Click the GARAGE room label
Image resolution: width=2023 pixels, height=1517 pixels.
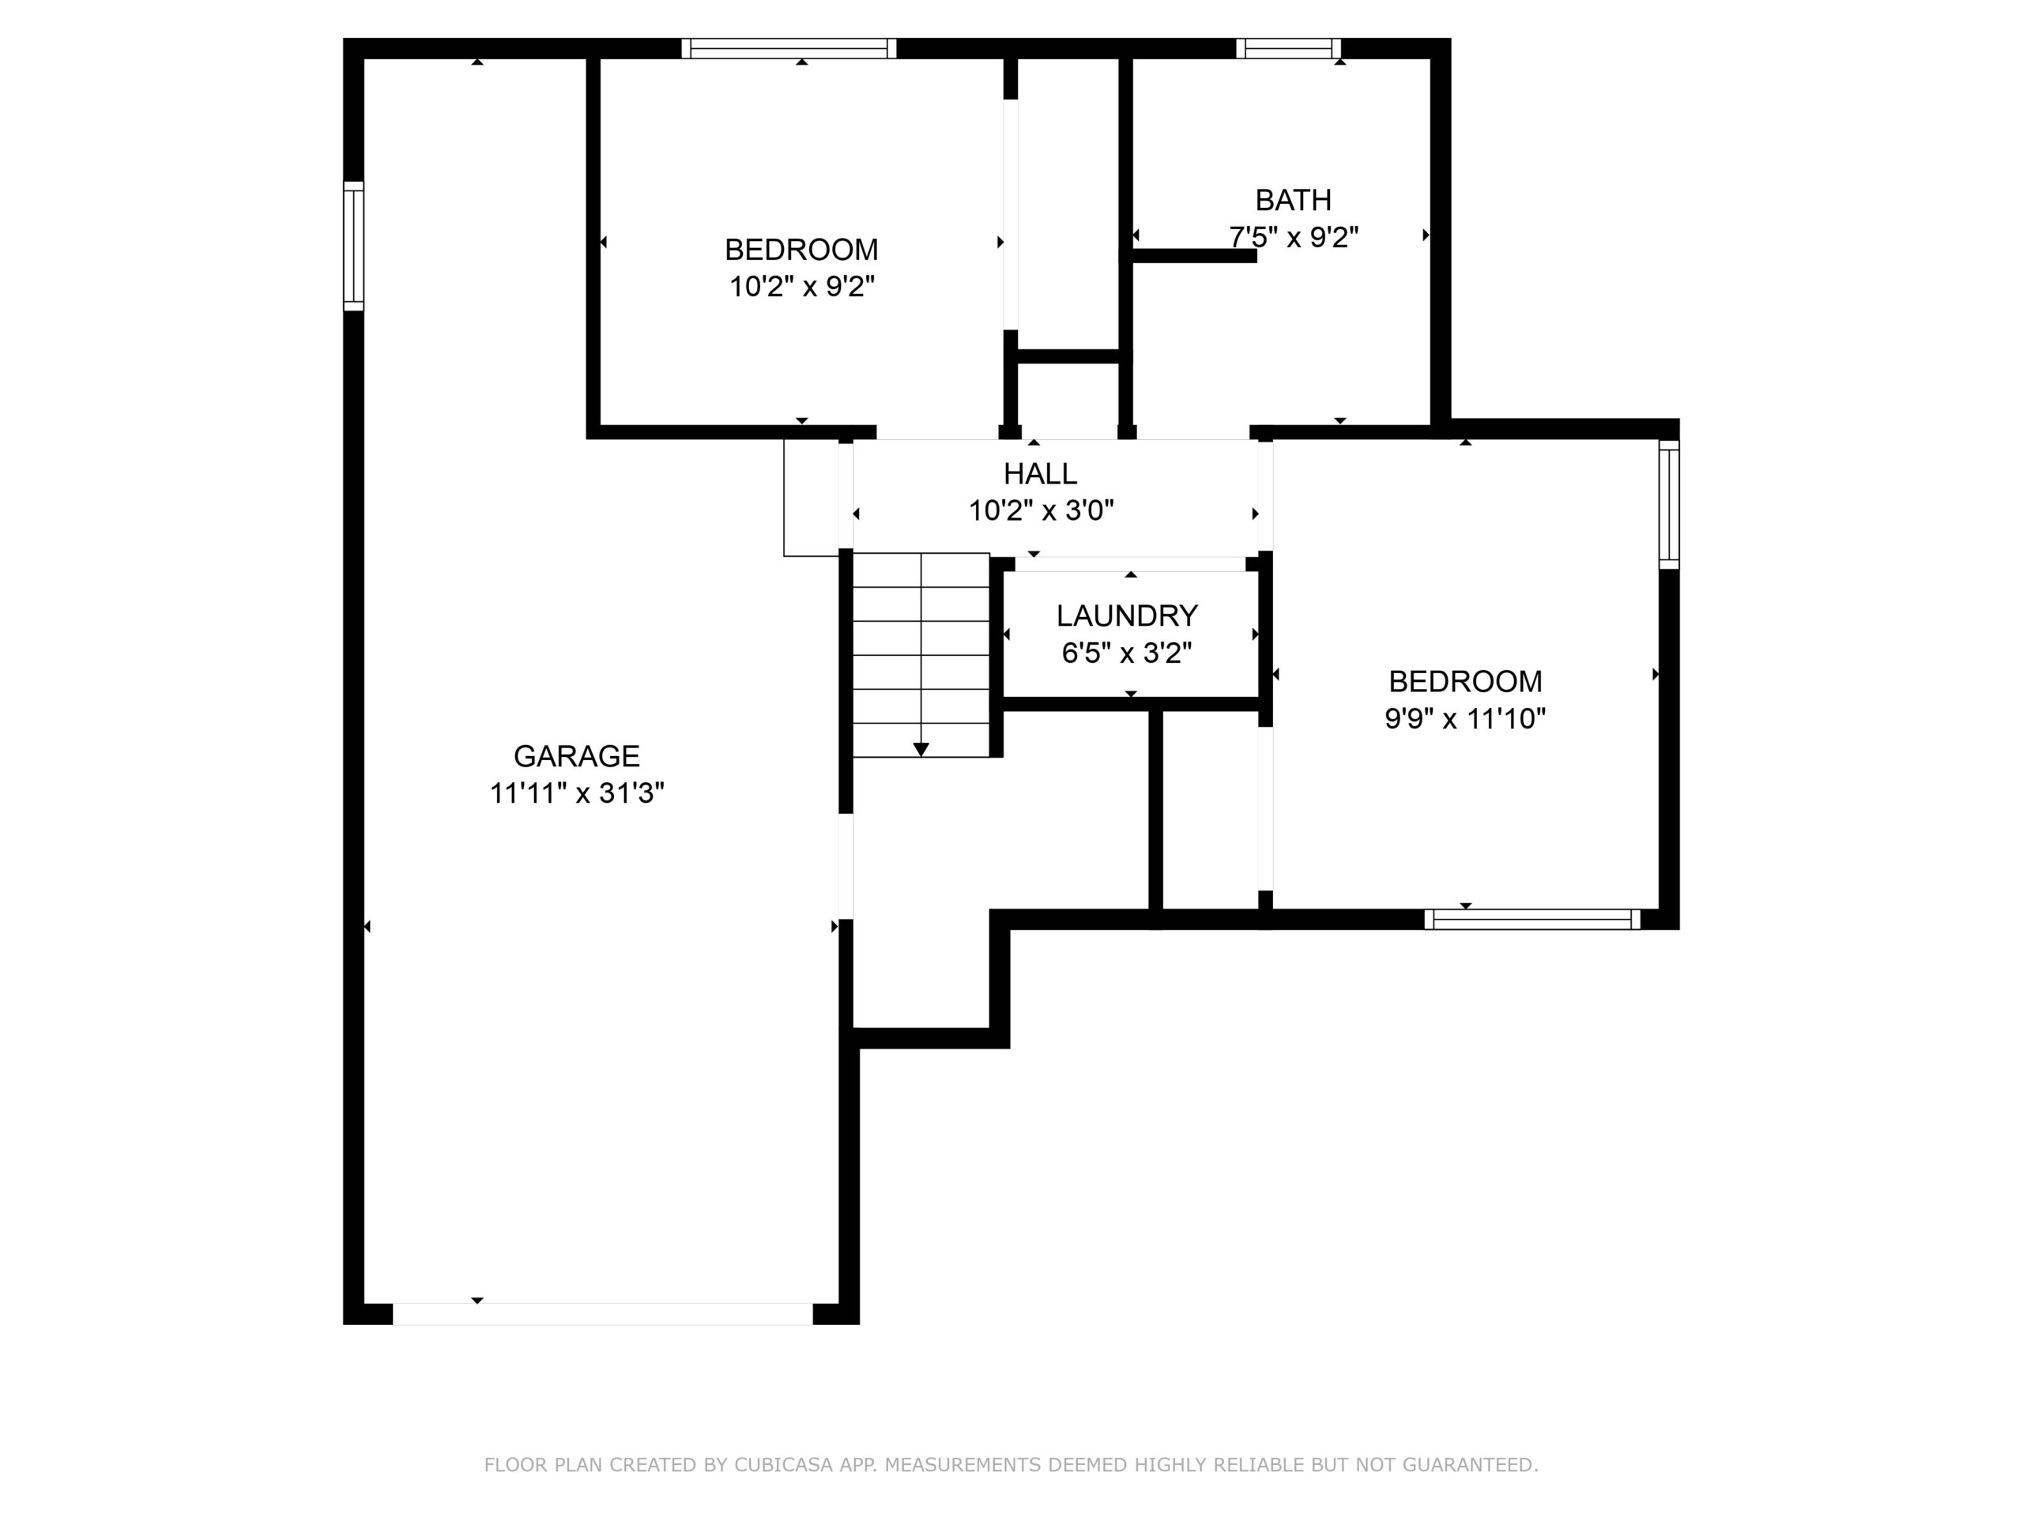point(576,756)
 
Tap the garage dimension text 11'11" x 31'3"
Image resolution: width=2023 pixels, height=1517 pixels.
point(576,792)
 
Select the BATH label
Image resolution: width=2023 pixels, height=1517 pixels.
point(1293,199)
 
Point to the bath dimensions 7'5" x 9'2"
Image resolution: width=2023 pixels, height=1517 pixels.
point(1293,237)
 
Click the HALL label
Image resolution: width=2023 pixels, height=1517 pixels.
point(1041,473)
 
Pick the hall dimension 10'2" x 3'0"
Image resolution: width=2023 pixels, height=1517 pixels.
point(1041,510)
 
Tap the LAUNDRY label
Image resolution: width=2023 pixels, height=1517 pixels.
point(1127,616)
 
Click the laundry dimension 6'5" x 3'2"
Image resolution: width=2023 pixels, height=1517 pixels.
point(1127,653)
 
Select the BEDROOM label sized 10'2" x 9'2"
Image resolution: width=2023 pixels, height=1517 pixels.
point(801,250)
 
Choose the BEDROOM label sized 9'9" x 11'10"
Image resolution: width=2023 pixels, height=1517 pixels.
point(1465,681)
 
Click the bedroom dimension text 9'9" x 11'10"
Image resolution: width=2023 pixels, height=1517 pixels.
point(1465,719)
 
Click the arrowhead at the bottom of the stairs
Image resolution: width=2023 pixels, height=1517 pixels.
point(921,750)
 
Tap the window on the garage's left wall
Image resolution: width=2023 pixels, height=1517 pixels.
point(353,246)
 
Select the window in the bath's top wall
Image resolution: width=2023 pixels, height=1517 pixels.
point(1289,48)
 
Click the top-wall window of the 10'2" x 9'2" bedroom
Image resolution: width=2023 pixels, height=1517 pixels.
point(789,48)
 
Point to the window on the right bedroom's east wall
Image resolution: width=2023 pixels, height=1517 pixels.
point(1669,505)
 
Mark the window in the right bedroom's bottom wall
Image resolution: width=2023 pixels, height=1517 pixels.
point(1533,919)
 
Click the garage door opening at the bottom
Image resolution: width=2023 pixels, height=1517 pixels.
point(603,1314)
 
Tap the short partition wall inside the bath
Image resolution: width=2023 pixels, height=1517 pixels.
point(1194,256)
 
